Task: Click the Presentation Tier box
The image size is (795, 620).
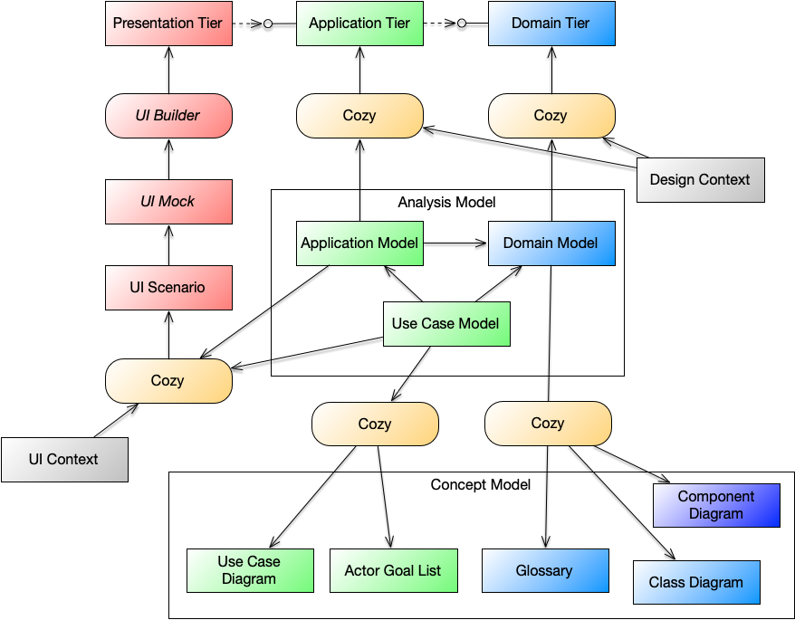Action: point(168,24)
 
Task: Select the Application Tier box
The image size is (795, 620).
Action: point(359,24)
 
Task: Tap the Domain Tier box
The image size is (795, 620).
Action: point(551,24)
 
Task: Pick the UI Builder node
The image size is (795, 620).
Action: point(168,116)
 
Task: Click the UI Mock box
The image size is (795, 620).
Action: point(168,202)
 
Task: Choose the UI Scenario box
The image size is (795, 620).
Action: point(168,288)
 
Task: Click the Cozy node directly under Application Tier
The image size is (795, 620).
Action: point(359,116)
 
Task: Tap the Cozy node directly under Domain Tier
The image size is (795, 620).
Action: point(551,116)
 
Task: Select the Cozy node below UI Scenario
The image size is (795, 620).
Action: point(168,381)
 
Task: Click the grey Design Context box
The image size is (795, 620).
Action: point(700,180)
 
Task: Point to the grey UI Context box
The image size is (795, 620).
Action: point(64,460)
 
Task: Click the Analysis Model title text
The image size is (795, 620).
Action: point(446,203)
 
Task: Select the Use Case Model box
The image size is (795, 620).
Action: point(445,324)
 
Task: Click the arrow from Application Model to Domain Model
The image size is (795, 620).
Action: point(455,243)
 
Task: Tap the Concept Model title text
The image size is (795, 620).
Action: point(480,485)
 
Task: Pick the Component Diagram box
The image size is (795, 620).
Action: point(716,505)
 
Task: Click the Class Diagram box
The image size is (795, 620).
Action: point(695,583)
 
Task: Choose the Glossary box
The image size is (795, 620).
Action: point(544,571)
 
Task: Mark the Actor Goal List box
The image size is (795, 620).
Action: point(393,571)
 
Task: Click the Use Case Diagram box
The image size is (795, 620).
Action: point(249,570)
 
